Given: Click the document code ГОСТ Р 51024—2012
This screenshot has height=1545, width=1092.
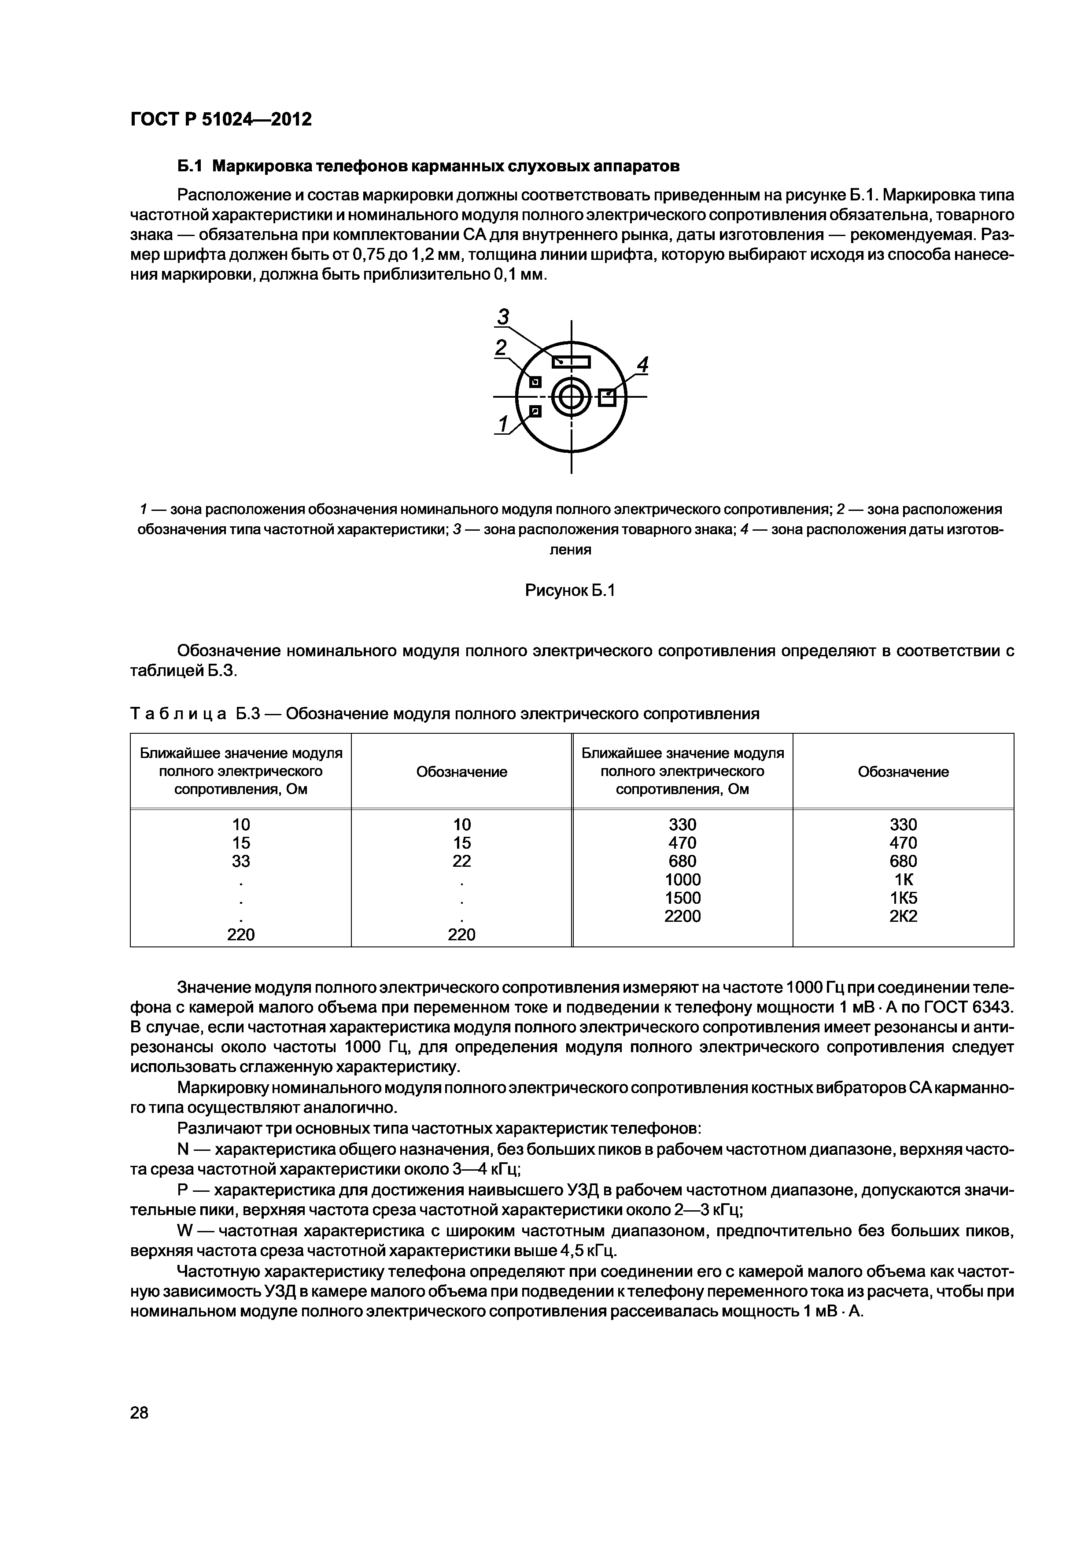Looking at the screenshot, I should coord(221,120).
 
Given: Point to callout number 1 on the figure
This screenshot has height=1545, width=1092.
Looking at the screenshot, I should coord(502,424).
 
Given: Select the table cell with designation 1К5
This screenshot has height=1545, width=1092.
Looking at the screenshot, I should coord(903,898).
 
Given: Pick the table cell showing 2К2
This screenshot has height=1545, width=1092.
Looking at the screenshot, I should coord(903,916).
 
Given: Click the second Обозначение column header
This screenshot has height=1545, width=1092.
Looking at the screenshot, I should coord(903,772).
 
